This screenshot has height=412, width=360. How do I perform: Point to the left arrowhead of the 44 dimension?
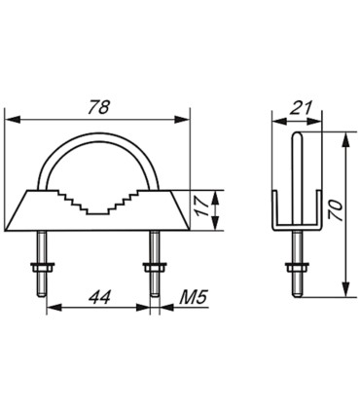click(x=49, y=309)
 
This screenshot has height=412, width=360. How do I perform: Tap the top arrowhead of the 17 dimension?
click(x=225, y=193)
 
